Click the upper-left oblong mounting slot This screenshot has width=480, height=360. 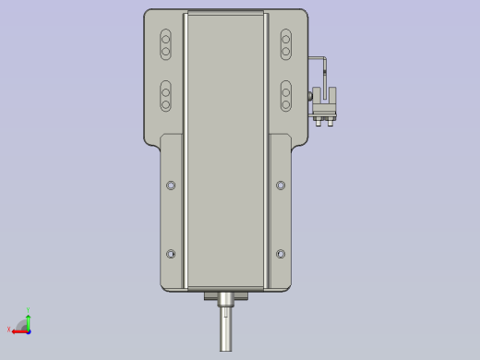(x=166, y=43)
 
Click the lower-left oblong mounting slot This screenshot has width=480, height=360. (x=166, y=96)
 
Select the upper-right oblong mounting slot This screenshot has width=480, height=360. (x=286, y=43)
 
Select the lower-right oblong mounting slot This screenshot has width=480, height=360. (x=286, y=96)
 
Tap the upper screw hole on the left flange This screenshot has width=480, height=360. (x=171, y=186)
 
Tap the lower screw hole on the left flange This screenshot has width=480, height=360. (x=171, y=254)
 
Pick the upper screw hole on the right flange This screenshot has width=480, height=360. (x=281, y=186)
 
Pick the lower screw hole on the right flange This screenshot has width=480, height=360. (x=281, y=254)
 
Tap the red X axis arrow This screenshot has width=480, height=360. (x=19, y=330)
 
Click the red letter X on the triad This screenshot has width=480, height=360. (x=9, y=330)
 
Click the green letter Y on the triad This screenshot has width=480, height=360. (x=28, y=310)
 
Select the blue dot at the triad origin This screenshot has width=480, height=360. (x=29, y=330)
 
